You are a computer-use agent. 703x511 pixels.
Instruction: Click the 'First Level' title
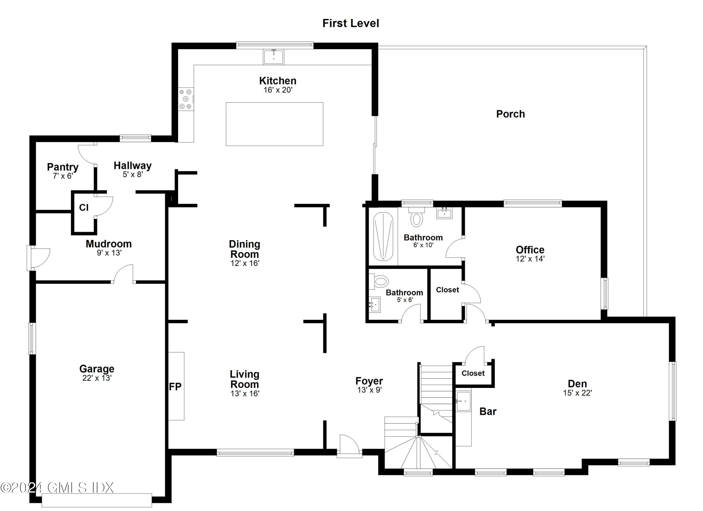tap(351, 23)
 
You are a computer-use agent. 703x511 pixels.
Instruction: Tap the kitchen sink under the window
tap(273, 57)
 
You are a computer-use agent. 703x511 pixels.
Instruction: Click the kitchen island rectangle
tap(274, 124)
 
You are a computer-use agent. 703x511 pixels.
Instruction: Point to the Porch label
tap(510, 114)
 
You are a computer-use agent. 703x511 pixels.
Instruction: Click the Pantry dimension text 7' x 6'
tap(63, 176)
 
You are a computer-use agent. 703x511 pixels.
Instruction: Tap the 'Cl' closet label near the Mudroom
tap(84, 207)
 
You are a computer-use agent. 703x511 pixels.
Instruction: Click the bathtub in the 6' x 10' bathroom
tap(383, 236)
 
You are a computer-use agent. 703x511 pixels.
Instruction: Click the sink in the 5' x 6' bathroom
tap(374, 304)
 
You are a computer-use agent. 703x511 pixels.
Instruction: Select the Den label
tap(577, 384)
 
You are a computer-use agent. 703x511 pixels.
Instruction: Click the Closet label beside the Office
tap(447, 290)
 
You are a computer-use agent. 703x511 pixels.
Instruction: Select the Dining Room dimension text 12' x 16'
tap(245, 263)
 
